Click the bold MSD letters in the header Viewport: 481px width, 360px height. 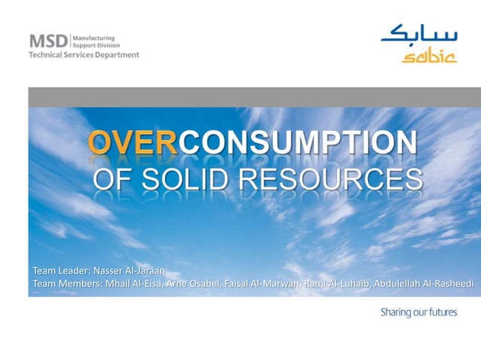(x=48, y=41)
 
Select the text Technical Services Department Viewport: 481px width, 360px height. (x=84, y=55)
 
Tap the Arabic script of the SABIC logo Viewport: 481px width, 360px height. (x=418, y=35)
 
